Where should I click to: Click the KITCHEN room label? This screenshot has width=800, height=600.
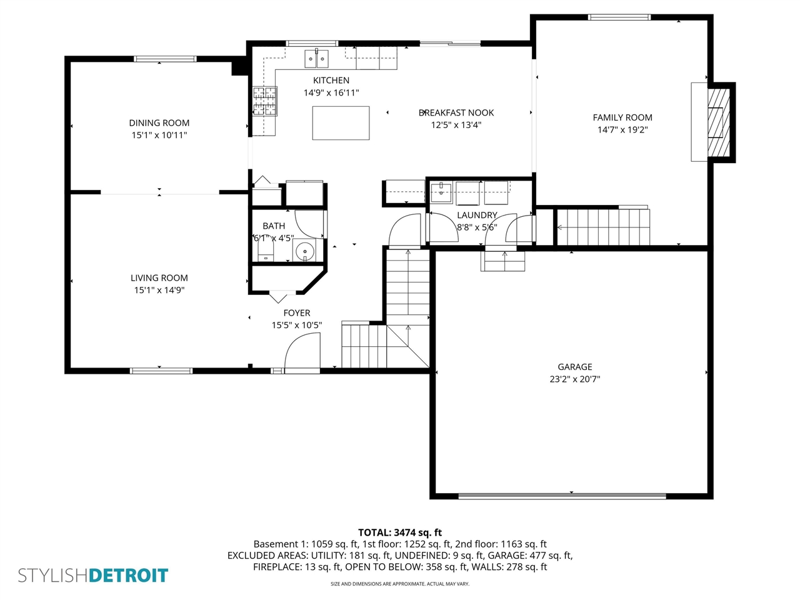(331, 81)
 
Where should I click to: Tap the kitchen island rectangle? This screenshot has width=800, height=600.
(341, 123)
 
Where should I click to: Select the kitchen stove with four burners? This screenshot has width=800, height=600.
(264, 101)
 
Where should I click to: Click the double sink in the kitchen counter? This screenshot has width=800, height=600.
(317, 59)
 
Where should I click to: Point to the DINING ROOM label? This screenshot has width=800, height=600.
(159, 123)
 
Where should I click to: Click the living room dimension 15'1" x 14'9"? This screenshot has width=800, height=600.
(159, 290)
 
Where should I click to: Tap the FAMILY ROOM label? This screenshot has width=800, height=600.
(622, 117)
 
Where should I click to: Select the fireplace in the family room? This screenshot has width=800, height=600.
(718, 122)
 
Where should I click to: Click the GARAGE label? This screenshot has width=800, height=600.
(574, 367)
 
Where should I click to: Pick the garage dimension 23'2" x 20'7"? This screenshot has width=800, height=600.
(574, 379)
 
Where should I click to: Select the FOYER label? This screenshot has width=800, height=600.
(296, 313)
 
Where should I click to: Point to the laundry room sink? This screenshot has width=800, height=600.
(441, 192)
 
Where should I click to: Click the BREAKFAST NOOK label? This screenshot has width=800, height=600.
(456, 113)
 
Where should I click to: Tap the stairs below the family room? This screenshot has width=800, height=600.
(603, 227)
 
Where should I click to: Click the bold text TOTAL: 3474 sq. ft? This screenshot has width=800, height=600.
(399, 532)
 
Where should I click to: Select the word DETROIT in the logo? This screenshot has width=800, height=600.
(129, 575)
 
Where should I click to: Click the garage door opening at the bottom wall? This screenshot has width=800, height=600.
(562, 496)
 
